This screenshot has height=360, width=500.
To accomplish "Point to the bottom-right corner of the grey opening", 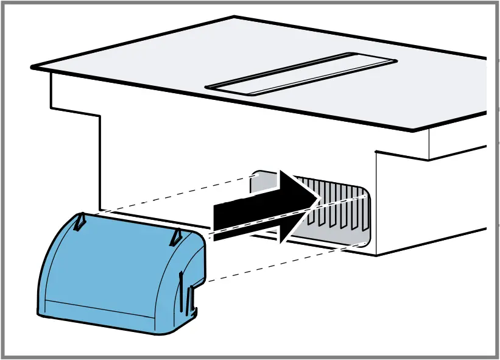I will [x=365, y=242].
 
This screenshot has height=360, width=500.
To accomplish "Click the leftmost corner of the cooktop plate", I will [x=32, y=65].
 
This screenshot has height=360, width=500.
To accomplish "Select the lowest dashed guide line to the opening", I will [x=286, y=262].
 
